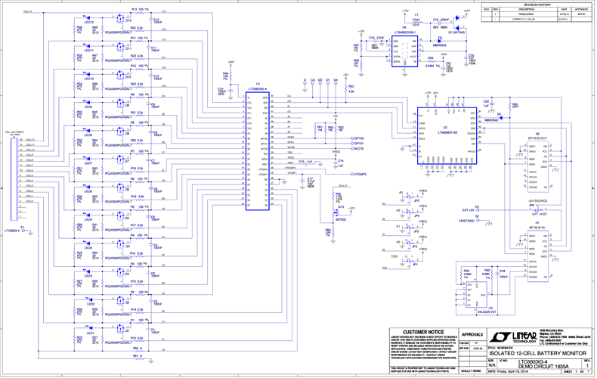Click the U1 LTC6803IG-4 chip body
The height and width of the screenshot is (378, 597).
tap(258, 148)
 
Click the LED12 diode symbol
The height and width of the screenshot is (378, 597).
tap(88, 18)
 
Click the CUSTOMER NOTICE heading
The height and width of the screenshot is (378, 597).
tap(424, 332)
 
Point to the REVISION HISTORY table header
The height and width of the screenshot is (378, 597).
tap(535, 4)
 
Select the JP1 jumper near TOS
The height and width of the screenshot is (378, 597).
tap(414, 264)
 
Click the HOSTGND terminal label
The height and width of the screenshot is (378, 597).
tap(466, 221)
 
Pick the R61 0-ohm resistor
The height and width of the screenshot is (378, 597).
tap(137, 355)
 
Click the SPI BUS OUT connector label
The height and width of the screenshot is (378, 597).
tap(537, 139)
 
